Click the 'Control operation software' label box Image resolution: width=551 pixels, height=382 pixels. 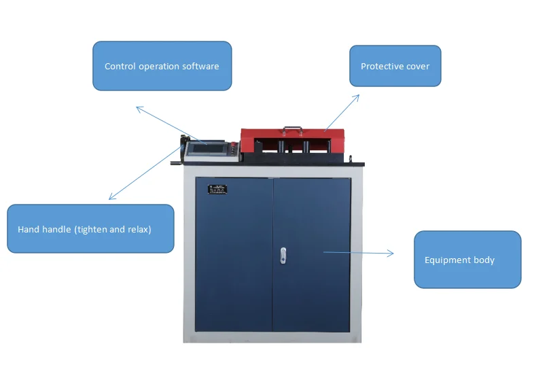(162, 66)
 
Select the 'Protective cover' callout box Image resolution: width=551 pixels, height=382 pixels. (395, 66)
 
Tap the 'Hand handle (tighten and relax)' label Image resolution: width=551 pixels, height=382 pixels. (90, 229)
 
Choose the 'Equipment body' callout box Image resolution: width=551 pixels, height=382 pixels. (467, 260)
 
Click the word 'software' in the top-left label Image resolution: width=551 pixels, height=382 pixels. (200, 67)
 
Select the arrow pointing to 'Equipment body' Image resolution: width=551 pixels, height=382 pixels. (358, 252)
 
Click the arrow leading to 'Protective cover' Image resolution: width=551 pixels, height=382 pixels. (342, 111)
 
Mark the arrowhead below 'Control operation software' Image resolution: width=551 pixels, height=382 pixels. (139, 107)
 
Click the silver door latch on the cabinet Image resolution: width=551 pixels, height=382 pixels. (283, 255)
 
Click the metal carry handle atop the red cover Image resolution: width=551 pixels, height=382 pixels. (294, 128)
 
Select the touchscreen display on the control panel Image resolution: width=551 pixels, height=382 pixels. (209, 149)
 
